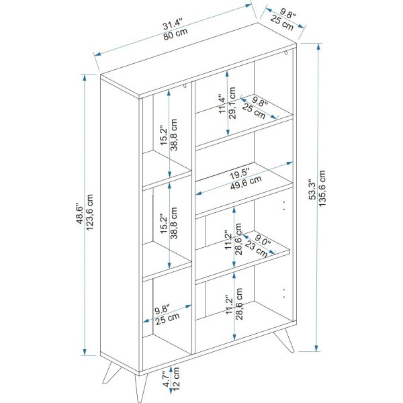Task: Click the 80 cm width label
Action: pos(175,34)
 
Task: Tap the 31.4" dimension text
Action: pos(173,24)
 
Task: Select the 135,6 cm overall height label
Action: pos(322,188)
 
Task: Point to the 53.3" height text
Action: pos(312,189)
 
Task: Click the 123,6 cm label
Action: pos(89,212)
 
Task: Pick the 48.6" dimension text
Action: pos(80,214)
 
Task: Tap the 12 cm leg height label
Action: pos(176,379)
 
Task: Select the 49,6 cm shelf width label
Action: pos(246,183)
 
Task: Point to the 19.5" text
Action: pos(240,174)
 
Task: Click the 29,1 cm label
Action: pos(232,103)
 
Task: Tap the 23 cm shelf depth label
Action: pos(256,249)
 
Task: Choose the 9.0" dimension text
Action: pos(263,242)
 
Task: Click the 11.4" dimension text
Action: pos(222,104)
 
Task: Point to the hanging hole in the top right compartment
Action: pos(286,52)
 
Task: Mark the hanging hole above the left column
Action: pos(185,87)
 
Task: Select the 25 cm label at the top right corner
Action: pos(282,23)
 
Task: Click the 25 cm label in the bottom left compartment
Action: pos(167,318)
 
